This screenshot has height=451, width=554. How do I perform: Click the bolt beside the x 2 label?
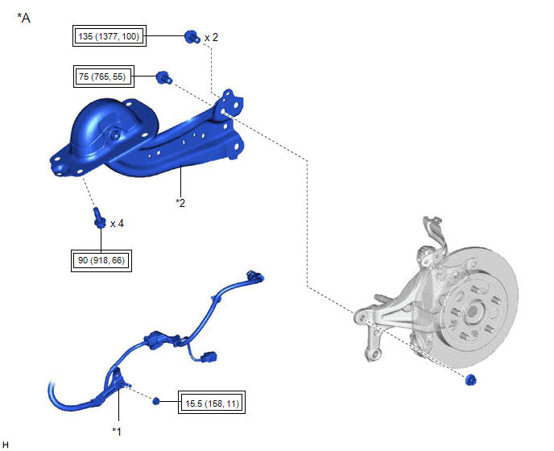coord(192,37)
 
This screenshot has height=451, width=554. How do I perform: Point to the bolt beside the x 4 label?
coord(100,218)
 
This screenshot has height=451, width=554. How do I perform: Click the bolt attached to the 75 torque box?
coord(164,77)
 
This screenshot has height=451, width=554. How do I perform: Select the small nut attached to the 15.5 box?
coord(156,401)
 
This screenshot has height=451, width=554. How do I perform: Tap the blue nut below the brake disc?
coord(471,380)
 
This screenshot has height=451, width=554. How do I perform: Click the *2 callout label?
coord(180,203)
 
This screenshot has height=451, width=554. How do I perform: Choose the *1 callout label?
coord(117,432)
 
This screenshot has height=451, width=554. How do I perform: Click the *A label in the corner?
coord(23,18)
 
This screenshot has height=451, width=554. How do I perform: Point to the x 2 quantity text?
coord(211,37)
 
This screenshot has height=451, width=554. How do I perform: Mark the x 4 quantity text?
coord(117,224)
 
